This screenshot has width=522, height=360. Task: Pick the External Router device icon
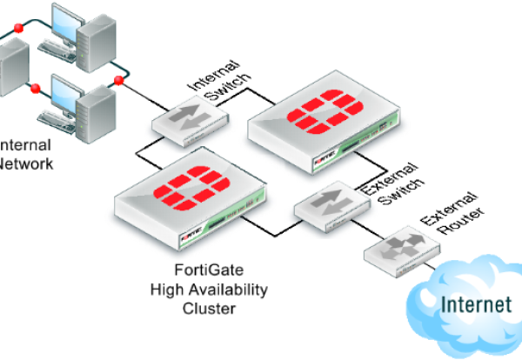coord(397,251)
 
